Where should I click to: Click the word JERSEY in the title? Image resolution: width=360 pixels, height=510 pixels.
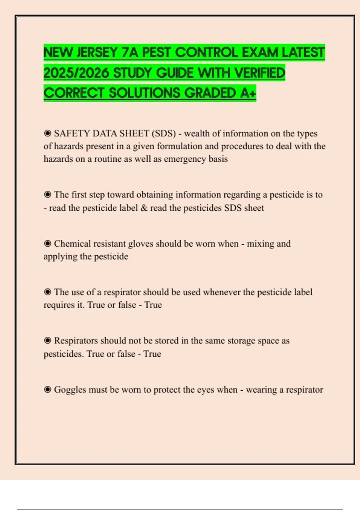click(x=97, y=52)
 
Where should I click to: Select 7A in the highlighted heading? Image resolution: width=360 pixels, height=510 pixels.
click(x=130, y=52)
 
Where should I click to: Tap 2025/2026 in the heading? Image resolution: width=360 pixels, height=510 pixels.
click(x=76, y=73)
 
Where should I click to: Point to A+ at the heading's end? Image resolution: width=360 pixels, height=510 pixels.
click(x=248, y=93)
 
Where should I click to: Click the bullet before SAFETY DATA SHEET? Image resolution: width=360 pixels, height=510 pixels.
click(x=47, y=133)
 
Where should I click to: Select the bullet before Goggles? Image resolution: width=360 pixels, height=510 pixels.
click(x=47, y=389)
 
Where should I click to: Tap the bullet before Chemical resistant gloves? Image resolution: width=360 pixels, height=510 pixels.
click(x=47, y=243)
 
